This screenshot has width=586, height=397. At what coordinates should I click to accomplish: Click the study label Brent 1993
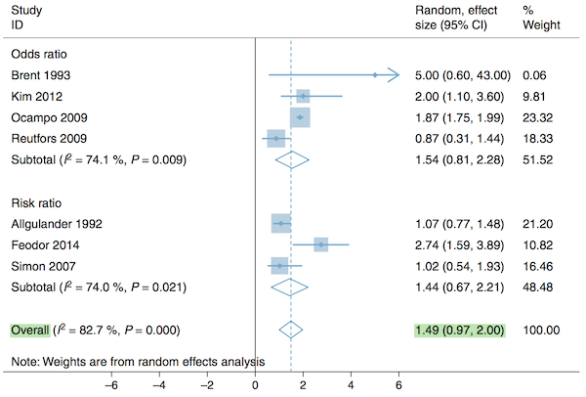click(40, 74)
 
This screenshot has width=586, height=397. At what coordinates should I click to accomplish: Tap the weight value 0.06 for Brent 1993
click(533, 74)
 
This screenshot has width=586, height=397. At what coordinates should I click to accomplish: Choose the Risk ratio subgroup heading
click(37, 202)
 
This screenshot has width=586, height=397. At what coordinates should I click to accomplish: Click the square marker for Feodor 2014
click(320, 244)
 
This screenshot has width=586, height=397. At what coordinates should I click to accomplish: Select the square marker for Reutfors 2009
click(276, 139)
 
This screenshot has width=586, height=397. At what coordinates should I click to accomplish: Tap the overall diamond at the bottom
click(290, 331)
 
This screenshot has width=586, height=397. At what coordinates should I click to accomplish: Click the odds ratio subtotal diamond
click(291, 160)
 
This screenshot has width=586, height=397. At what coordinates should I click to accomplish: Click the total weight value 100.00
click(540, 331)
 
